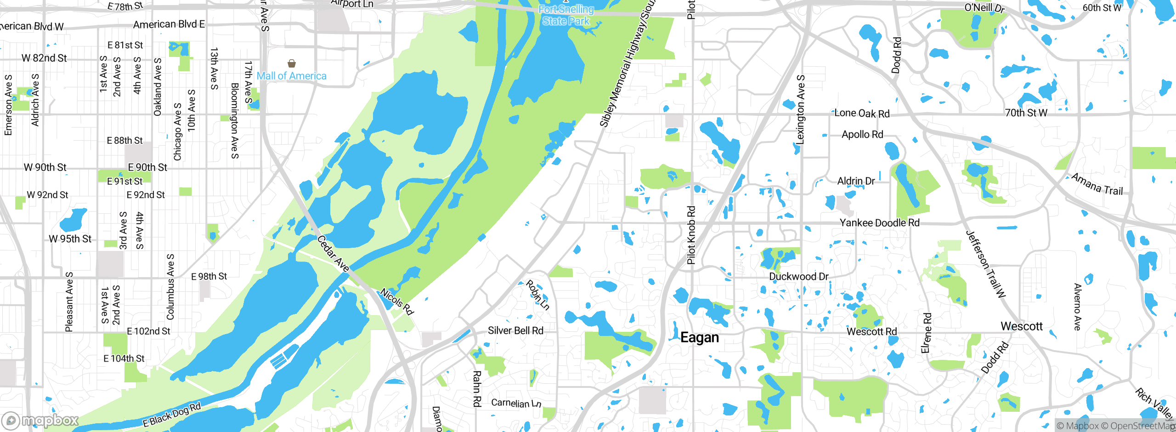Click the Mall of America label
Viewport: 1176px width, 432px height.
pyautogui.click(x=291, y=76)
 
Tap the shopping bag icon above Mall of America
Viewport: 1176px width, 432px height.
pyautogui.click(x=291, y=63)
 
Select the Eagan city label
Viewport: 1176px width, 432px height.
pyautogui.click(x=699, y=337)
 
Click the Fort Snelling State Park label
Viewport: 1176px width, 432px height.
pyautogui.click(x=566, y=15)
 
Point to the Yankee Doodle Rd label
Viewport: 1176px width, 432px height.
pyautogui.click(x=879, y=223)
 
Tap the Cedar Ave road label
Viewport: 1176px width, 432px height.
pyautogui.click(x=333, y=253)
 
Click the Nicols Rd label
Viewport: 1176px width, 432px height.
pyautogui.click(x=397, y=301)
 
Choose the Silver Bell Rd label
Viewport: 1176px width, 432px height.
pyautogui.click(x=515, y=330)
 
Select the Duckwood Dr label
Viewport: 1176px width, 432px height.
pyautogui.click(x=799, y=276)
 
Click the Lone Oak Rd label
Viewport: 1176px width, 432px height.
pyautogui.click(x=862, y=113)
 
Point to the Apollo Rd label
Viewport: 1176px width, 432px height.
pyautogui.click(x=862, y=134)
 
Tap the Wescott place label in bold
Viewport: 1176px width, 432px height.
pyautogui.click(x=1022, y=326)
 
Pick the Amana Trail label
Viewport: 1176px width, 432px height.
pyautogui.click(x=1097, y=184)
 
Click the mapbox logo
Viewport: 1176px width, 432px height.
pyautogui.click(x=40, y=421)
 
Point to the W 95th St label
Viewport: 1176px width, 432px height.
pyautogui.click(x=70, y=239)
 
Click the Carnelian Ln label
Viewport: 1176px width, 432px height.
pyautogui.click(x=516, y=403)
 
